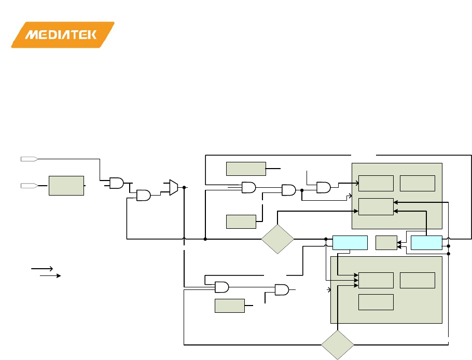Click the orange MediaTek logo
click(x=62, y=35)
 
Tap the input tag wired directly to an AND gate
click(x=27, y=158)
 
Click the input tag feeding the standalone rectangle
click(x=27, y=185)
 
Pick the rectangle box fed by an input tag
click(x=66, y=185)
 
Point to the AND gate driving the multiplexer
click(x=143, y=195)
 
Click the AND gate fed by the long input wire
click(x=117, y=183)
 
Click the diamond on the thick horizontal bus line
click(x=277, y=239)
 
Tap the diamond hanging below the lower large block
click(x=337, y=344)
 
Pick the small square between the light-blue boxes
click(x=385, y=242)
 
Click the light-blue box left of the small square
click(x=350, y=242)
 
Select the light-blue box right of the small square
click(x=426, y=242)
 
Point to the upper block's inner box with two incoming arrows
click(x=376, y=206)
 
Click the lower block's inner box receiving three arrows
click(x=376, y=280)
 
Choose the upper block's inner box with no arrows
click(x=418, y=183)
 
